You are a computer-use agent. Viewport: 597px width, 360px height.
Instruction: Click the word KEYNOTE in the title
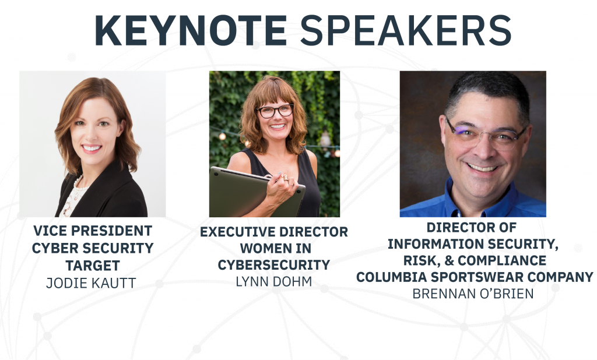click(x=191, y=30)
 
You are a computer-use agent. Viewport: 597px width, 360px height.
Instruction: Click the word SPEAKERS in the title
click(x=406, y=30)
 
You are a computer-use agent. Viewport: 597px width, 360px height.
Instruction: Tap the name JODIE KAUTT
click(x=91, y=283)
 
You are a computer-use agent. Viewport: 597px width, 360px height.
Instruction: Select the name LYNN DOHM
click(x=274, y=281)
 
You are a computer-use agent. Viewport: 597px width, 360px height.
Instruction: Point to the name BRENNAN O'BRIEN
click(x=473, y=294)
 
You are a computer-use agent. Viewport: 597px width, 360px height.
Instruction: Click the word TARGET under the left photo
click(x=93, y=265)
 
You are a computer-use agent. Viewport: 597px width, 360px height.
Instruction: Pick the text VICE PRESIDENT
click(x=93, y=231)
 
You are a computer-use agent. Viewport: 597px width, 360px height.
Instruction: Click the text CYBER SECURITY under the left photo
click(x=93, y=248)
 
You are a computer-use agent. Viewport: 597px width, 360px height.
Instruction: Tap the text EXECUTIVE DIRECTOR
click(x=274, y=232)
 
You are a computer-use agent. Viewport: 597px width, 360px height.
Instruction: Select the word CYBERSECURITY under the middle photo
click(x=274, y=265)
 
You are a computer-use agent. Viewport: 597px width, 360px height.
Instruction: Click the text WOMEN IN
click(x=275, y=248)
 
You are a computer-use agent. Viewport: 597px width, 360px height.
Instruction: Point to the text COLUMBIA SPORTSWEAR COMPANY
click(x=475, y=277)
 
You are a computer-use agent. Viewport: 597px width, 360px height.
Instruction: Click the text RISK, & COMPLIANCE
click(x=475, y=260)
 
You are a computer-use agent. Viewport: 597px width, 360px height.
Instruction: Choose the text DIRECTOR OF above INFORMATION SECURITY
click(x=471, y=227)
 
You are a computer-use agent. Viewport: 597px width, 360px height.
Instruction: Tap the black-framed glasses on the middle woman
click(x=275, y=111)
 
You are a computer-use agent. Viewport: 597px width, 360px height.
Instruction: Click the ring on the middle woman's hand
click(x=285, y=178)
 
